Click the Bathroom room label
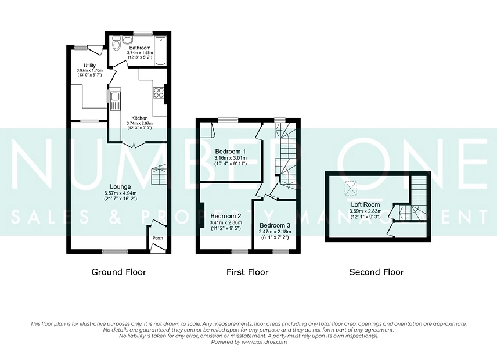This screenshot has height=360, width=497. (x=140, y=48)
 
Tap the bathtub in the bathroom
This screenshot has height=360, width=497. (x=160, y=51)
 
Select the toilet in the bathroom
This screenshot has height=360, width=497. (x=116, y=44)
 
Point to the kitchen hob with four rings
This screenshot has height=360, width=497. (x=158, y=92)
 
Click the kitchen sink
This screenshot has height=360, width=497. (x=115, y=101)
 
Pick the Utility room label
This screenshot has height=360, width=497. (x=89, y=66)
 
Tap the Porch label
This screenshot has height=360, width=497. (x=158, y=238)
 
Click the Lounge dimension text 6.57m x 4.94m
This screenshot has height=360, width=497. (x=120, y=193)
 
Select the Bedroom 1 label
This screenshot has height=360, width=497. (x=231, y=152)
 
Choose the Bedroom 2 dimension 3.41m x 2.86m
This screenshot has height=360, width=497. (x=226, y=222)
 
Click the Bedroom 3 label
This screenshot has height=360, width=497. (x=275, y=226)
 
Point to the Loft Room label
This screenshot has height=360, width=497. (x=365, y=205)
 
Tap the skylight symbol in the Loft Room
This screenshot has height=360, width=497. (x=351, y=188)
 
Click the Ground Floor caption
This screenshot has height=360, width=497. (x=119, y=272)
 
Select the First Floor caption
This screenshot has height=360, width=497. (x=247, y=272)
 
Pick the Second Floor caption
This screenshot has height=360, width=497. (x=377, y=272)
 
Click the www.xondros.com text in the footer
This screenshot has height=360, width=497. (x=264, y=342)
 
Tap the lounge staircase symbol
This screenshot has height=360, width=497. (x=159, y=174)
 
